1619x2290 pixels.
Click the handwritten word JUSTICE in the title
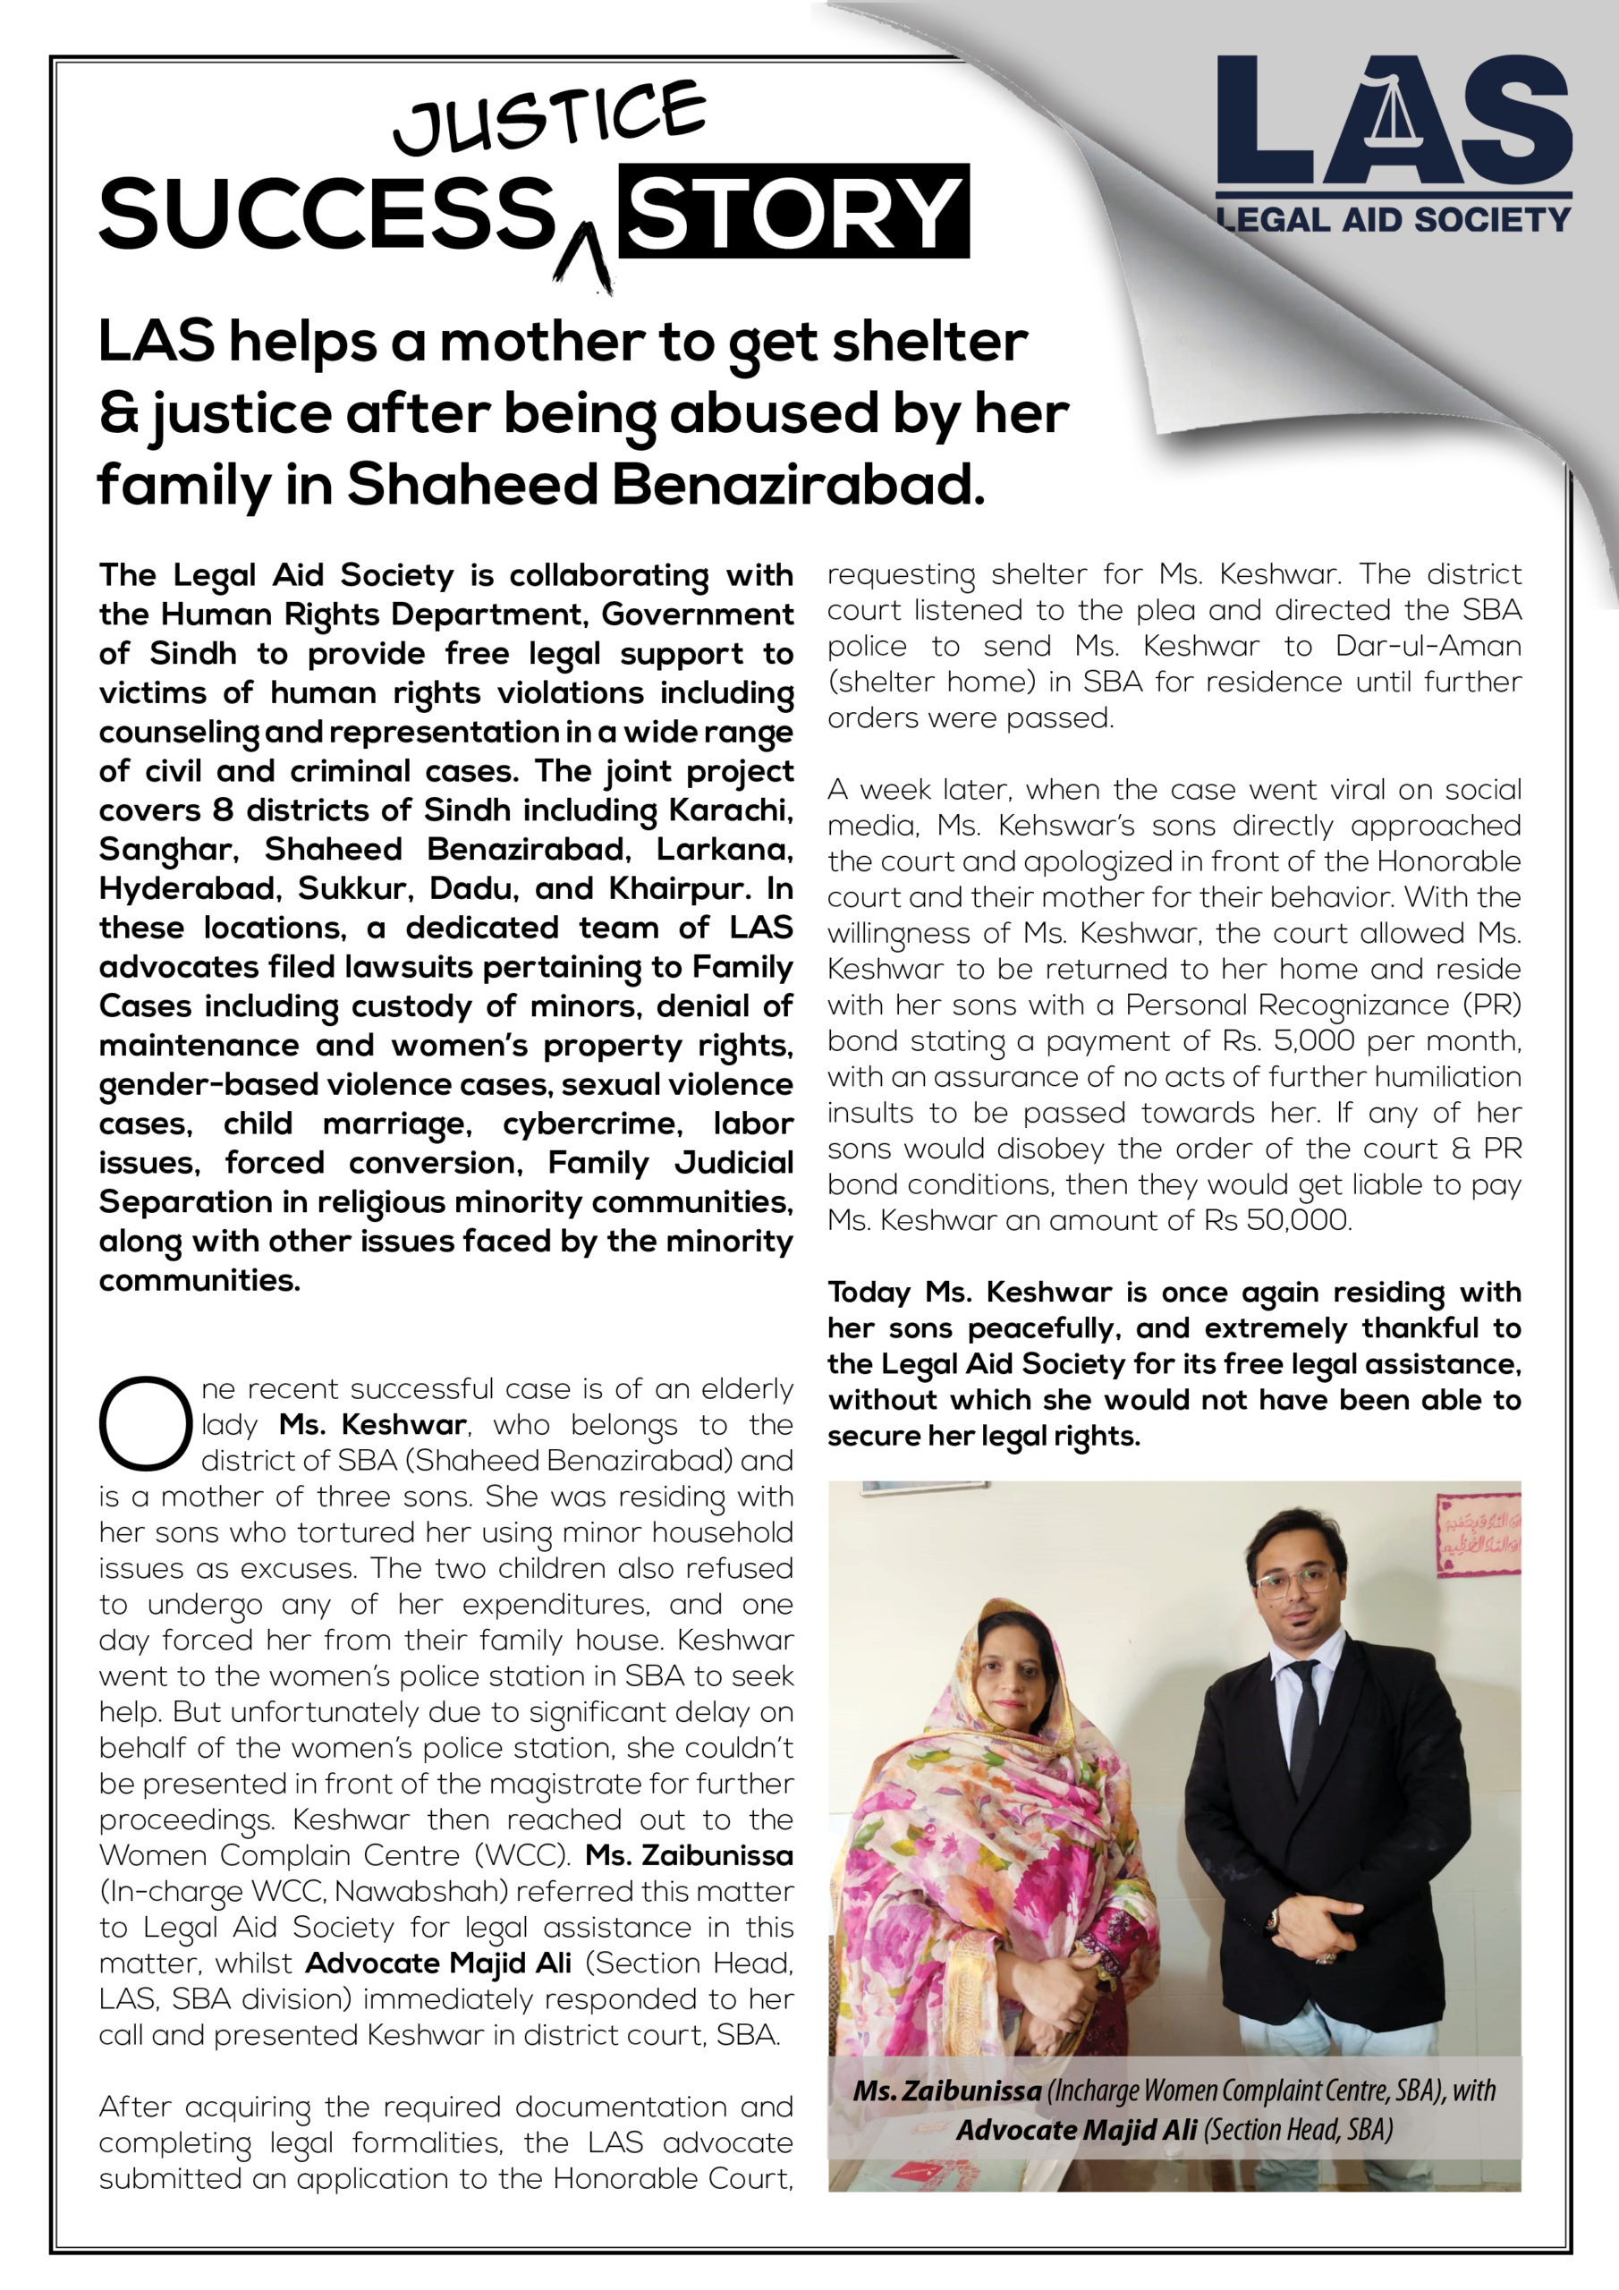(x=549, y=119)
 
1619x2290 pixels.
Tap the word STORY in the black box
(x=793, y=212)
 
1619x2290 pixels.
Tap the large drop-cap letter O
(x=145, y=1423)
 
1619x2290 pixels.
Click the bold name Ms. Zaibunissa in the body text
(x=690, y=1855)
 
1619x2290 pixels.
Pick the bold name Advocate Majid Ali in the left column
(x=438, y=1963)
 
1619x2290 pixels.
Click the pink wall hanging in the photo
(x=1478, y=1535)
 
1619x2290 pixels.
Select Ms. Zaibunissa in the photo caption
(x=946, y=2090)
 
